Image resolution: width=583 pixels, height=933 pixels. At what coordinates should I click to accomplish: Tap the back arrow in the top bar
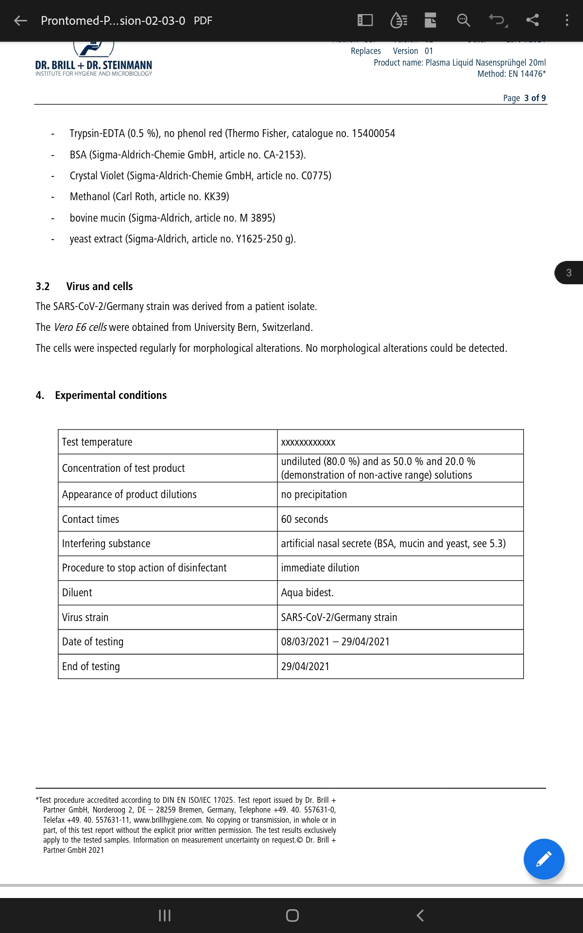click(x=20, y=20)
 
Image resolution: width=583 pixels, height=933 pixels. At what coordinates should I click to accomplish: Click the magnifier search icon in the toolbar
click(x=463, y=20)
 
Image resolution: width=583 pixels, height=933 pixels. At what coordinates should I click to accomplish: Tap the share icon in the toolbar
click(x=532, y=20)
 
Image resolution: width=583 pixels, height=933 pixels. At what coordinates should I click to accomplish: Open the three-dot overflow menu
click(x=566, y=20)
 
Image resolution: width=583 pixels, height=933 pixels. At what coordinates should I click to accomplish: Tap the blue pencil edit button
click(x=544, y=859)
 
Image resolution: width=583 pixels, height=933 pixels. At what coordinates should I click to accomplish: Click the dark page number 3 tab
click(x=569, y=273)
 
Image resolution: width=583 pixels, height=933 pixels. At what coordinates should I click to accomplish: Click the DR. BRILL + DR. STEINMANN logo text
click(x=93, y=65)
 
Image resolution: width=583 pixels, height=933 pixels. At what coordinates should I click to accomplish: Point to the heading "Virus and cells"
click(x=99, y=286)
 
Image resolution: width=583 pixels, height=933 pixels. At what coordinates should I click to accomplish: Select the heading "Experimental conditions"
click(x=111, y=395)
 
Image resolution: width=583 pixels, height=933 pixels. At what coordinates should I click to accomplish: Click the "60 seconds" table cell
click(x=304, y=519)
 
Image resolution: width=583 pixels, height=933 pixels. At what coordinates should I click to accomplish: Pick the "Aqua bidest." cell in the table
click(x=307, y=592)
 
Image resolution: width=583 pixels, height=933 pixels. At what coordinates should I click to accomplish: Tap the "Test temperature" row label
click(x=97, y=442)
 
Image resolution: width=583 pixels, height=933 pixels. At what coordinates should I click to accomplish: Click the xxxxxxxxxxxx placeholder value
click(x=308, y=442)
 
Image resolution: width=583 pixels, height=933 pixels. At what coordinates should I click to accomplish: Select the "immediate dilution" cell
click(x=320, y=568)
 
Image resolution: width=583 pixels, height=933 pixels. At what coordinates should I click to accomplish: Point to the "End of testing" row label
click(x=91, y=666)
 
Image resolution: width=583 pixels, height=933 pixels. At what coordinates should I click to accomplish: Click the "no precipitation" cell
click(x=314, y=494)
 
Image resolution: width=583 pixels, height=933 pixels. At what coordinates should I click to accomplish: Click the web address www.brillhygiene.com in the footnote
click(x=168, y=820)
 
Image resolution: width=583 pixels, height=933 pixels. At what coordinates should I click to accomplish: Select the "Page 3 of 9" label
click(x=524, y=98)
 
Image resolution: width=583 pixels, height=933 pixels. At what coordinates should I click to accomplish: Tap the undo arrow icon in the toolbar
click(x=497, y=20)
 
